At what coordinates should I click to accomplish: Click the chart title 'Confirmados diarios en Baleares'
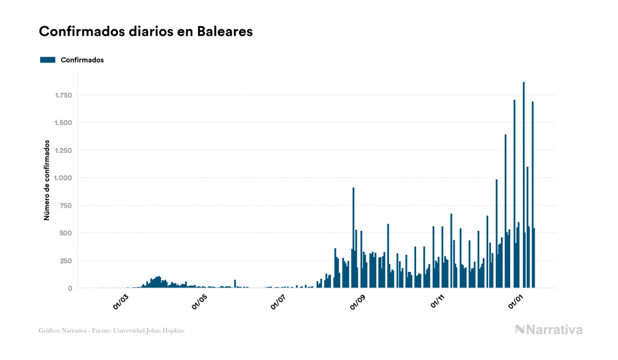coord(146,32)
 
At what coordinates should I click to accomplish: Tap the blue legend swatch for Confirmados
coord(48,60)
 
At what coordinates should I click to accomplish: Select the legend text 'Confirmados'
coord(82,60)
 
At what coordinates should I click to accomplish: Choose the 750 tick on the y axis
coord(66,206)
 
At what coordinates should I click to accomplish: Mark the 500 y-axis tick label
coord(66,233)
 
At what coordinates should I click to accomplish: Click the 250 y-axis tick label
coord(66,261)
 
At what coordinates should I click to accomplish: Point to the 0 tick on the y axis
coord(70,288)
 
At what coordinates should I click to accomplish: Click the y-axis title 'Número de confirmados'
coord(47,181)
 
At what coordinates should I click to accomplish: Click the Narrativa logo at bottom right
coord(549,330)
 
